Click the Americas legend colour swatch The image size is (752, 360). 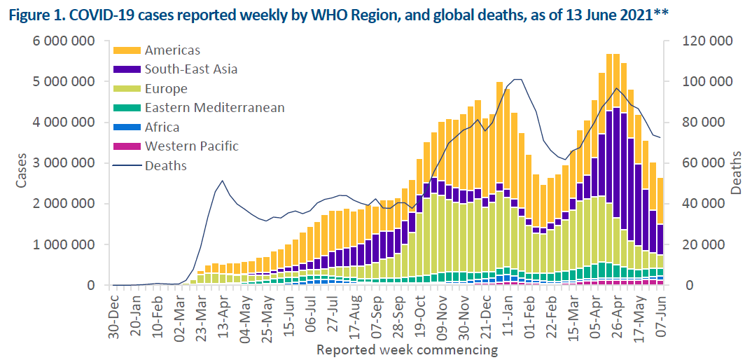pos(128,50)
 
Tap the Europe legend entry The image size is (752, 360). pos(166,89)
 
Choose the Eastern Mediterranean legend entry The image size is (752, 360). pos(214,108)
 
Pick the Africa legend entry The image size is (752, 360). pos(162,127)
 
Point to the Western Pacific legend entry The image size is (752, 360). pos(191,146)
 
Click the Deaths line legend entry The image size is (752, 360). pos(165,166)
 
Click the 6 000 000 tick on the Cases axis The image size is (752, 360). pos(64,41)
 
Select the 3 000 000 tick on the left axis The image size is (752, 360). pos(64,163)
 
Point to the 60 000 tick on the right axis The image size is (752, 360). pos(703,163)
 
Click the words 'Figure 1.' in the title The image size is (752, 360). pos(36,15)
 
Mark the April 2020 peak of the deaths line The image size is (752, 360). pos(222,181)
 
